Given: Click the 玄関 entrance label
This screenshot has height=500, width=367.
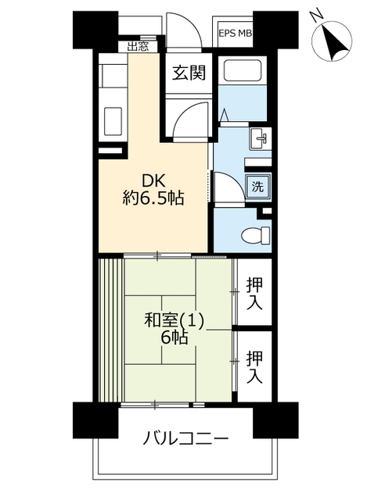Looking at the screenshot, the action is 189,73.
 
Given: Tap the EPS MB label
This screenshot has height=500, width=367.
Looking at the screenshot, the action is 236,33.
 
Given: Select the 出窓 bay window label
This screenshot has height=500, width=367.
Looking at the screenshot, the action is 138,47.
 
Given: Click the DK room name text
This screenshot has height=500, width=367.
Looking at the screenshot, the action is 153,181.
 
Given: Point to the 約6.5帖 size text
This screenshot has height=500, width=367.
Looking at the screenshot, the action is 153,198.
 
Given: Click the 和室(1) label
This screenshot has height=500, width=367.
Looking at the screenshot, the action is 175,320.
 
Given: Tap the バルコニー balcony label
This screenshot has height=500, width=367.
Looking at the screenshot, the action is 185,438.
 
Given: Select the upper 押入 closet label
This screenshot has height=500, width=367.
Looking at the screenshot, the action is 254,294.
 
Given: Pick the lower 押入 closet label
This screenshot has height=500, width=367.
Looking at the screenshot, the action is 254,366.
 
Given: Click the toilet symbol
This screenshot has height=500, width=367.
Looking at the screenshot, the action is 256,236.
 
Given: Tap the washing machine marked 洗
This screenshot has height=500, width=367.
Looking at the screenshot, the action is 257,187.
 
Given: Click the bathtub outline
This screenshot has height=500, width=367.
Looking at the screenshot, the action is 243,70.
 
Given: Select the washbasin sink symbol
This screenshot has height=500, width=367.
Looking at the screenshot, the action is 261,138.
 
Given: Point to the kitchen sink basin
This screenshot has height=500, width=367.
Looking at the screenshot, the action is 113,122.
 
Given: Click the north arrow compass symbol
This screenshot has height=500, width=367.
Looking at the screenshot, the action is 333,41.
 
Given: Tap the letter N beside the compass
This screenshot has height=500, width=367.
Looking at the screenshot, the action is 317,16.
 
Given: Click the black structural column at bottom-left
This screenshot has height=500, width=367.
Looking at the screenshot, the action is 95,420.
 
